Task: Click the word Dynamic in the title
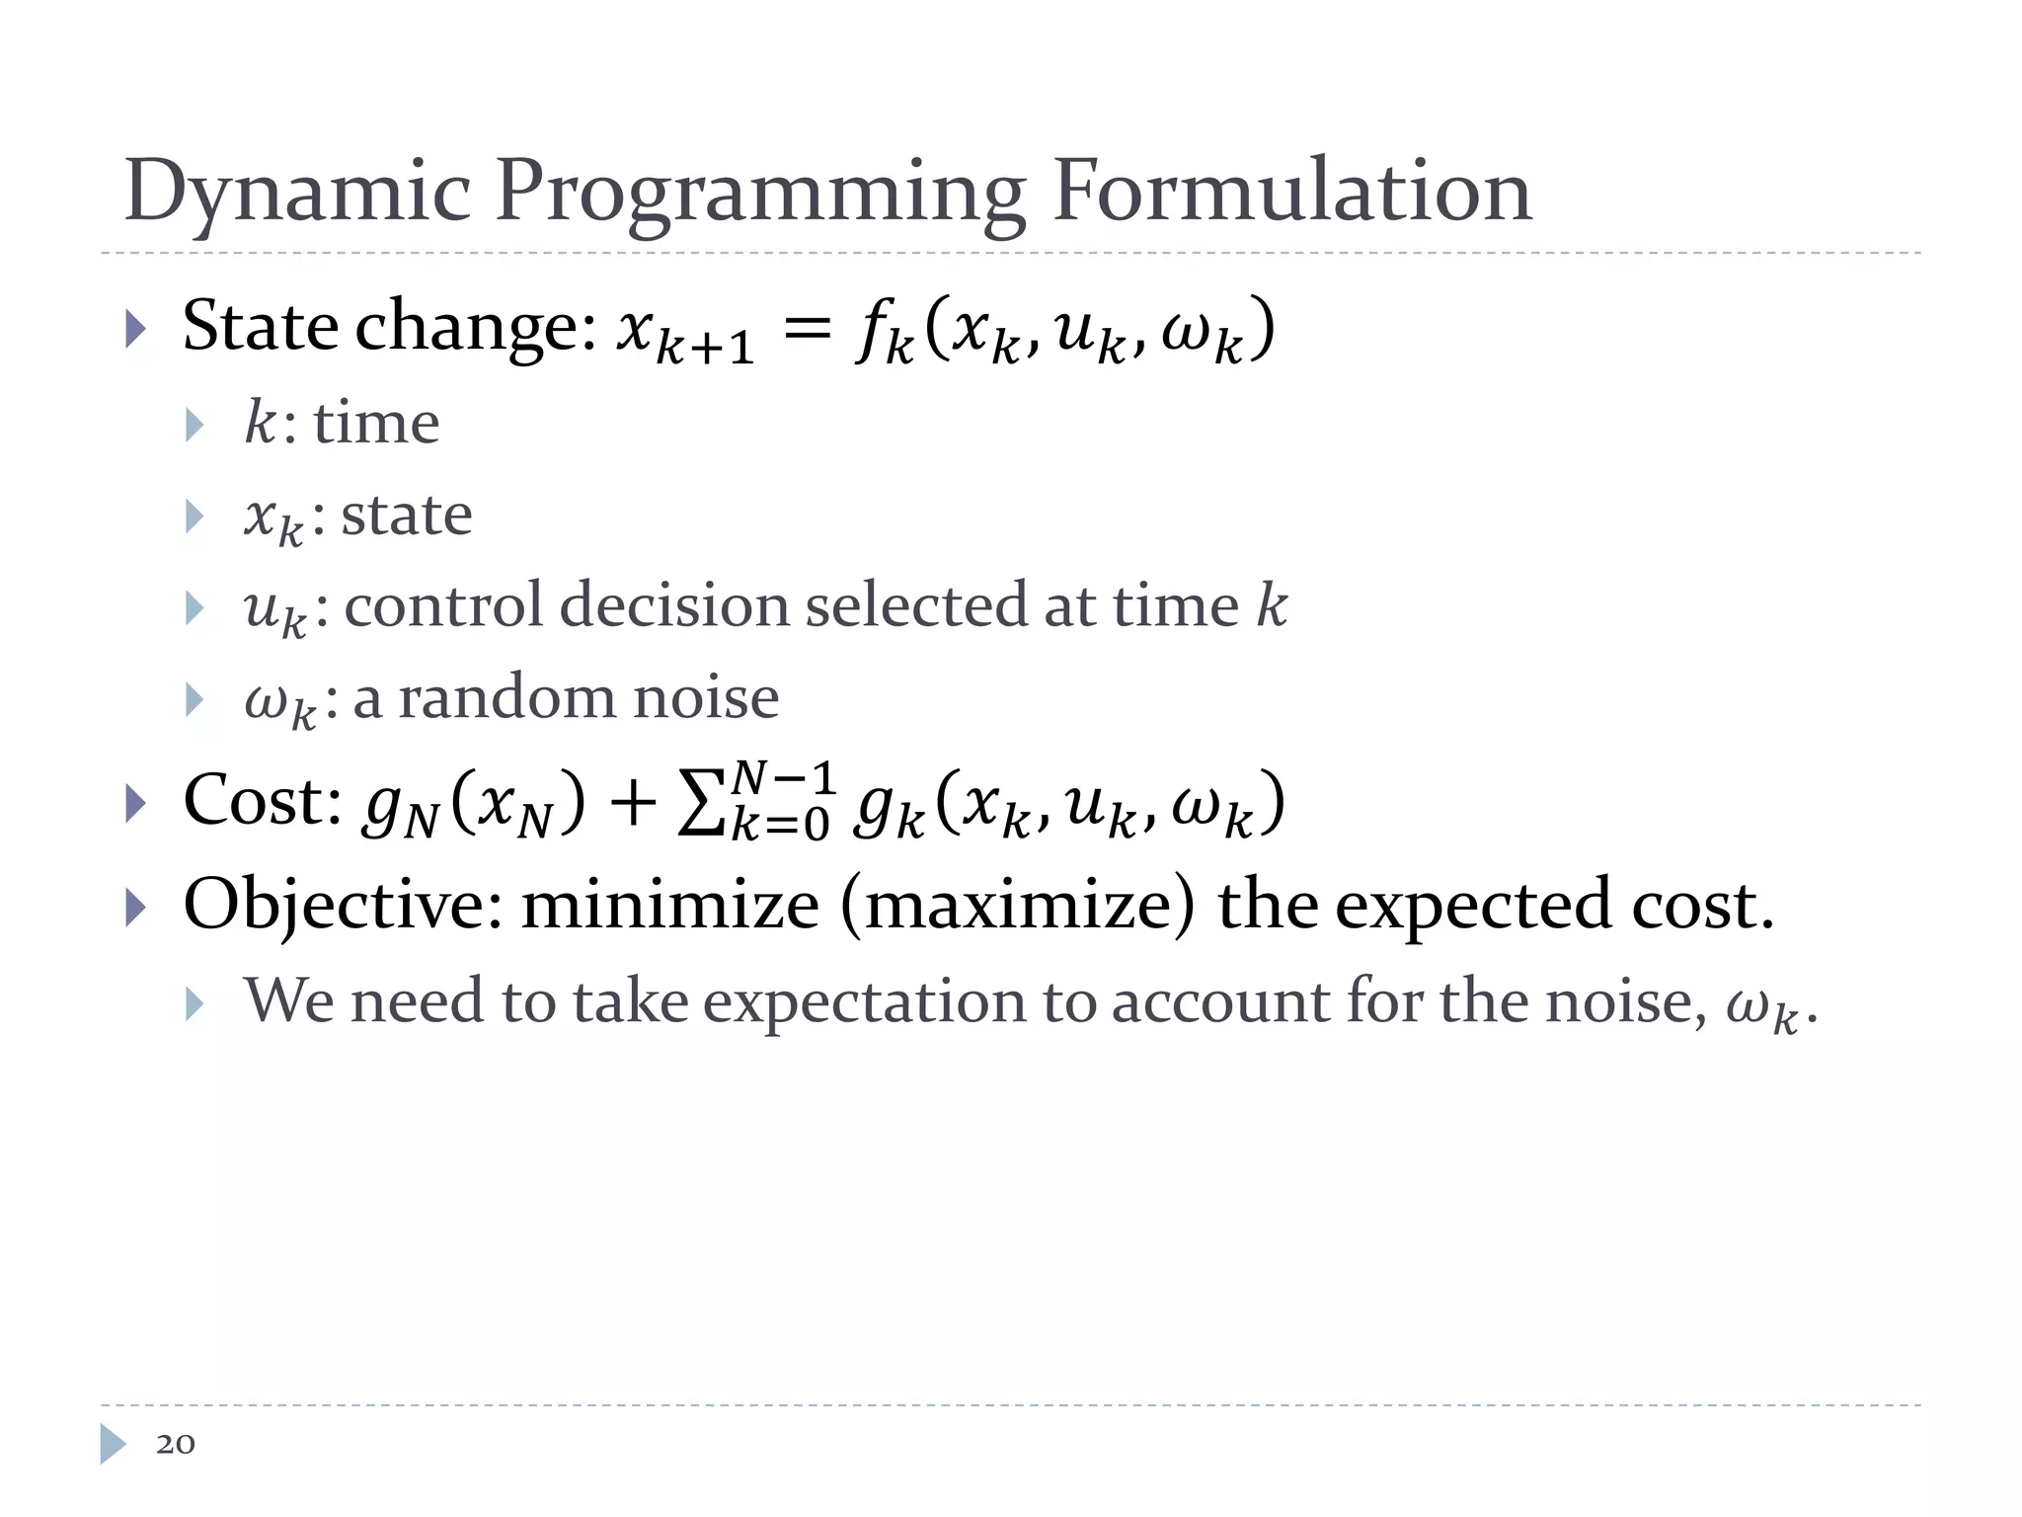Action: click(x=297, y=193)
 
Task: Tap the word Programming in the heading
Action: click(x=760, y=193)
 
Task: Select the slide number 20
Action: click(x=176, y=1444)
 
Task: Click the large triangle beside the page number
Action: click(x=113, y=1444)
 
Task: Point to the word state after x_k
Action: click(x=407, y=516)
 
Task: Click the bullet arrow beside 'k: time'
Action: click(x=194, y=426)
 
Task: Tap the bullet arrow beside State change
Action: click(x=136, y=330)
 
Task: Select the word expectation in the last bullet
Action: click(x=868, y=1002)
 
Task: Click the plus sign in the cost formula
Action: click(x=632, y=803)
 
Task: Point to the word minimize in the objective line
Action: click(x=669, y=906)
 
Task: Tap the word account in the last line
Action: click(x=1220, y=1002)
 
